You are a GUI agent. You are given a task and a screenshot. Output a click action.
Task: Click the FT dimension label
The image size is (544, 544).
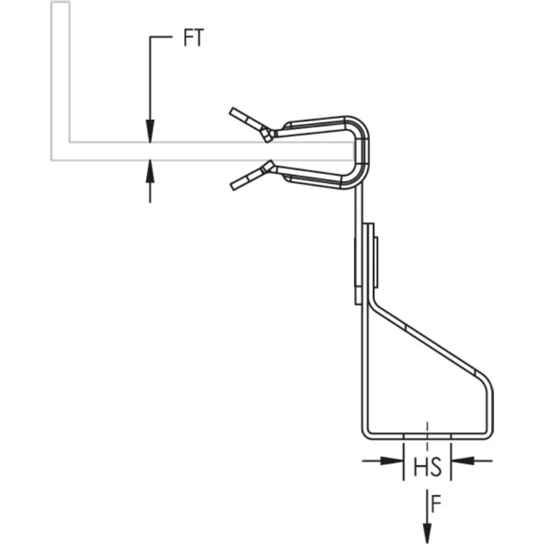[193, 38]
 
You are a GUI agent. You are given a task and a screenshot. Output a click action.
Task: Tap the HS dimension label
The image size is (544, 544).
[427, 467]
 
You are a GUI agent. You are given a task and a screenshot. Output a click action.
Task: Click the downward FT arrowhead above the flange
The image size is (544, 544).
[150, 132]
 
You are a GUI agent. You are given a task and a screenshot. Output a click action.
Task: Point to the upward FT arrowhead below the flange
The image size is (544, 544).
[150, 169]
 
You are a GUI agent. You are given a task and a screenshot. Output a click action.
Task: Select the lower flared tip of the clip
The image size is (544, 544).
[241, 182]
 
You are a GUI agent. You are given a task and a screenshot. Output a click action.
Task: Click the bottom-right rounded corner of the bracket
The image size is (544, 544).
[486, 432]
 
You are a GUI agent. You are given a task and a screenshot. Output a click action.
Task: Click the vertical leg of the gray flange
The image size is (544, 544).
[60, 70]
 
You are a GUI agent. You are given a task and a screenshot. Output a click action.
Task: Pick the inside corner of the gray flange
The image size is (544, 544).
[70, 141]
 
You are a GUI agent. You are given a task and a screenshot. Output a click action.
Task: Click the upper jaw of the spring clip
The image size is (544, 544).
[313, 125]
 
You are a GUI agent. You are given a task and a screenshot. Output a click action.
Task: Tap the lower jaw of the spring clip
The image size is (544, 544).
[313, 178]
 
